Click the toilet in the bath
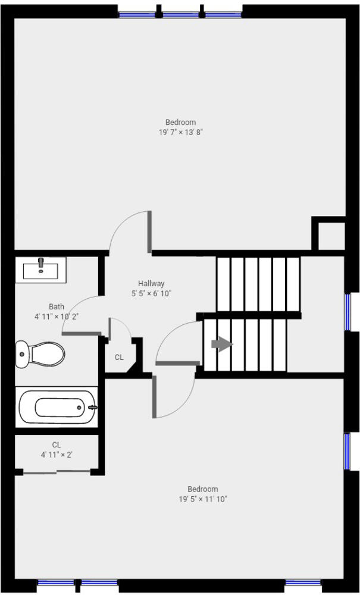(40, 354)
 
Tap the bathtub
(57, 407)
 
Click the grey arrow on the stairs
(222, 345)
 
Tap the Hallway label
(151, 283)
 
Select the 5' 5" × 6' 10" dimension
(151, 293)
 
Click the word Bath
(56, 306)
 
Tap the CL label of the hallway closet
(119, 358)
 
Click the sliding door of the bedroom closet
(57, 472)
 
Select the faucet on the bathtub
(93, 407)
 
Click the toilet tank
(21, 354)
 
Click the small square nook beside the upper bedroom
(331, 236)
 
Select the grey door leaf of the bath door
(81, 334)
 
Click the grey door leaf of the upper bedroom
(150, 231)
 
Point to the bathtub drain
(79, 408)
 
